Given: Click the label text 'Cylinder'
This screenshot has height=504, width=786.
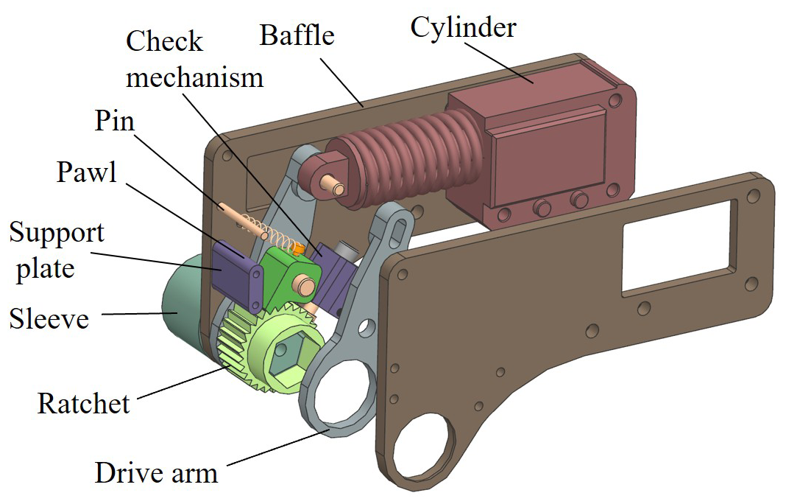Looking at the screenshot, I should click(x=463, y=28).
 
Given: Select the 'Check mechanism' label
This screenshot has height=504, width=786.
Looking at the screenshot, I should click(x=194, y=58).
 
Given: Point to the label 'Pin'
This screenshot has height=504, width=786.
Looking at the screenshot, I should click(x=114, y=121).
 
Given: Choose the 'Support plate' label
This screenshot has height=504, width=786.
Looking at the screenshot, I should click(x=56, y=251).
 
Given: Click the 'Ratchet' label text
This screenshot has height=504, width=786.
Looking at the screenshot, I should click(x=83, y=403).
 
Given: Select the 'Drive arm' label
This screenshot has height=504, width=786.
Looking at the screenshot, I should click(x=156, y=471).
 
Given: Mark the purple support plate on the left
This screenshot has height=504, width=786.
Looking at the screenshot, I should click(x=237, y=273).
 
